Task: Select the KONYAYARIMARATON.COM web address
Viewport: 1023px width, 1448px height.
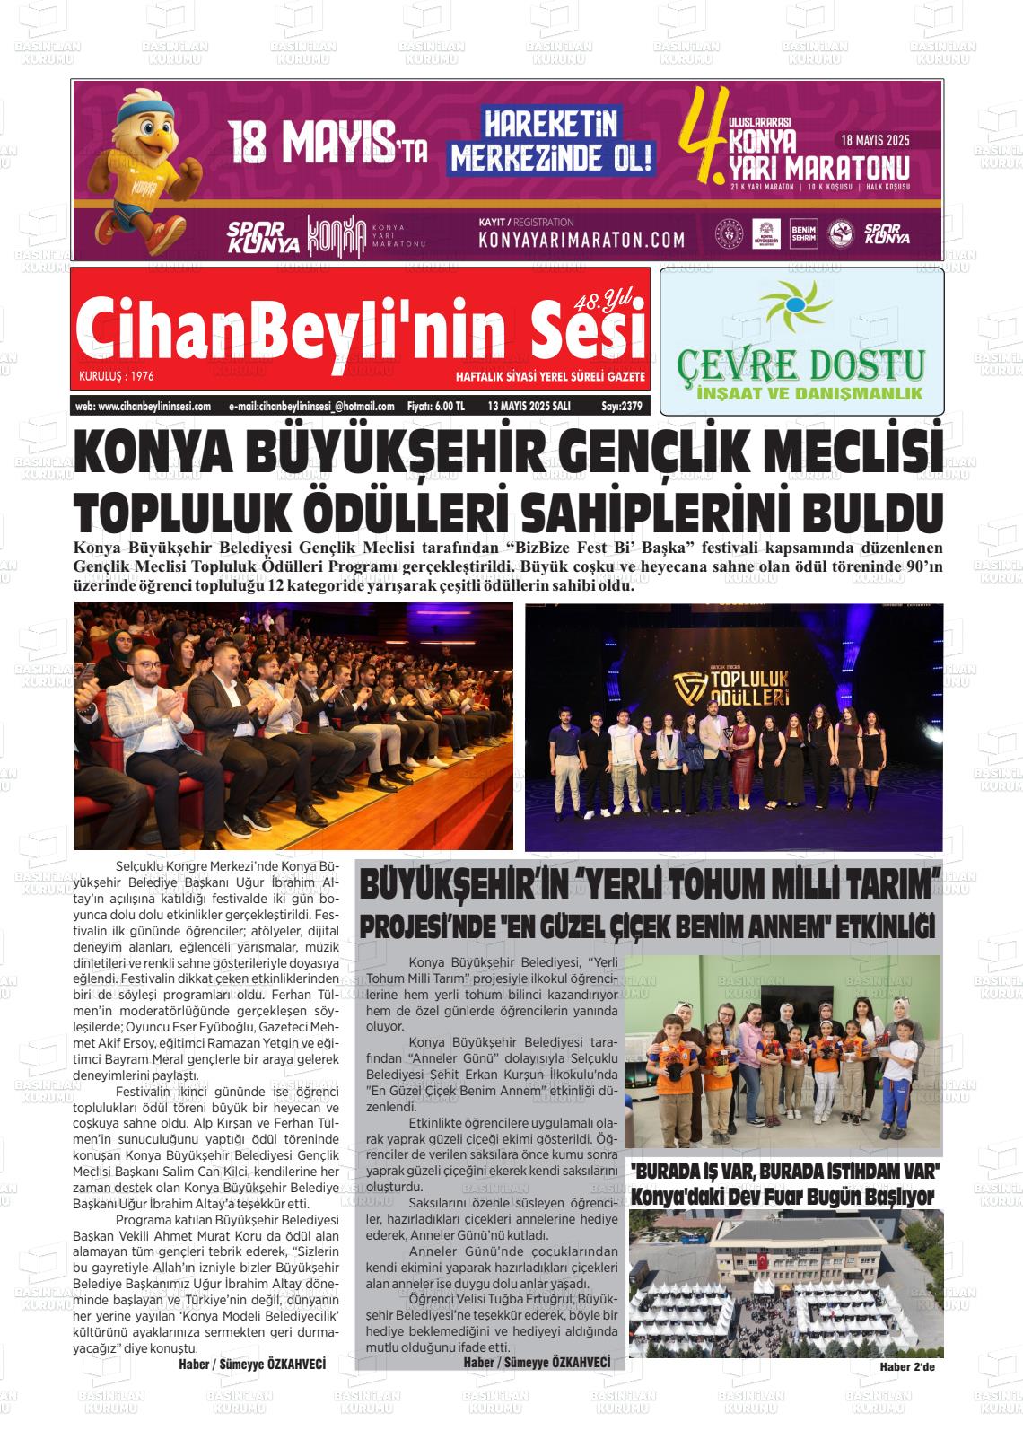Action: coord(581,240)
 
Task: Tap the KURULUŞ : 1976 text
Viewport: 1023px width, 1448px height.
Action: coord(117,376)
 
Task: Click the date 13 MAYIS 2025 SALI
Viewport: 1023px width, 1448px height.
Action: coord(529,406)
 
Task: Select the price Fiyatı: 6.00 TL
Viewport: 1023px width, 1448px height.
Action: coord(435,406)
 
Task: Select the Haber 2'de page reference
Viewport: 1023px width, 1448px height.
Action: coord(907,1367)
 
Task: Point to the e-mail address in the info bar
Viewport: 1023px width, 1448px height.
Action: coord(311,406)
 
